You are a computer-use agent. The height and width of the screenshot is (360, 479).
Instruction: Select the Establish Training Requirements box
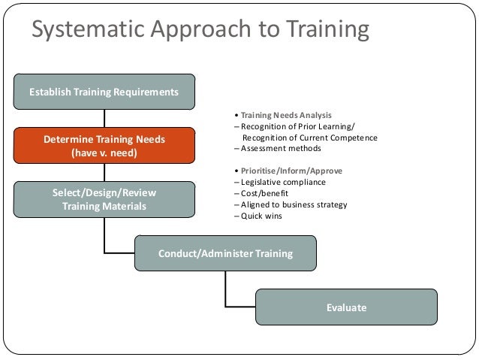[x=104, y=92]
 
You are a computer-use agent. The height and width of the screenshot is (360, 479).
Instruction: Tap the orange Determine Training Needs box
[x=104, y=146]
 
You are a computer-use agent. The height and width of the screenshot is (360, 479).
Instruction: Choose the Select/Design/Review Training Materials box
[x=104, y=199]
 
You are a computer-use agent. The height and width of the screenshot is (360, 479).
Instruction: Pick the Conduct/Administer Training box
[x=225, y=253]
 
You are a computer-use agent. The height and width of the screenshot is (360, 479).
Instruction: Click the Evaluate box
[x=346, y=307]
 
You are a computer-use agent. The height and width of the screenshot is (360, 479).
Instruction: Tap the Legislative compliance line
[x=279, y=182]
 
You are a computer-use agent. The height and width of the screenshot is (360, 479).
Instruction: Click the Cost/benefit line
[x=259, y=193]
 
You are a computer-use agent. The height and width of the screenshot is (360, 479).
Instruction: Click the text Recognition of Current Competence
[x=309, y=138]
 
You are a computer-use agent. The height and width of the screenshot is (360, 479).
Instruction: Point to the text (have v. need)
[x=104, y=153]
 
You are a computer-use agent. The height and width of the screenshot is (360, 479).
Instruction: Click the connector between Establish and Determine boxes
[x=104, y=118]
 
